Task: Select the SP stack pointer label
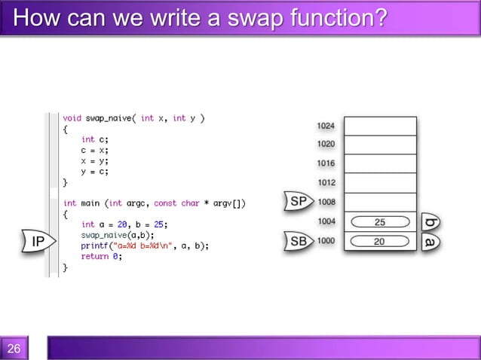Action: click(298, 202)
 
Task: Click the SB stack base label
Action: click(298, 242)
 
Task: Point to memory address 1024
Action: click(326, 126)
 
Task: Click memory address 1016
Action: click(326, 163)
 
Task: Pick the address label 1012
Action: click(326, 182)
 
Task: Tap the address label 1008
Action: click(326, 202)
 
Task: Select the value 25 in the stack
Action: click(380, 222)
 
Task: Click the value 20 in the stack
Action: click(380, 242)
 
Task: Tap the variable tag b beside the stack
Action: click(430, 222)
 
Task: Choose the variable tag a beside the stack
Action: click(430, 242)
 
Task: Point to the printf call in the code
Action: click(94, 246)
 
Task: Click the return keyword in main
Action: click(94, 256)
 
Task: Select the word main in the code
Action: click(91, 203)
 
